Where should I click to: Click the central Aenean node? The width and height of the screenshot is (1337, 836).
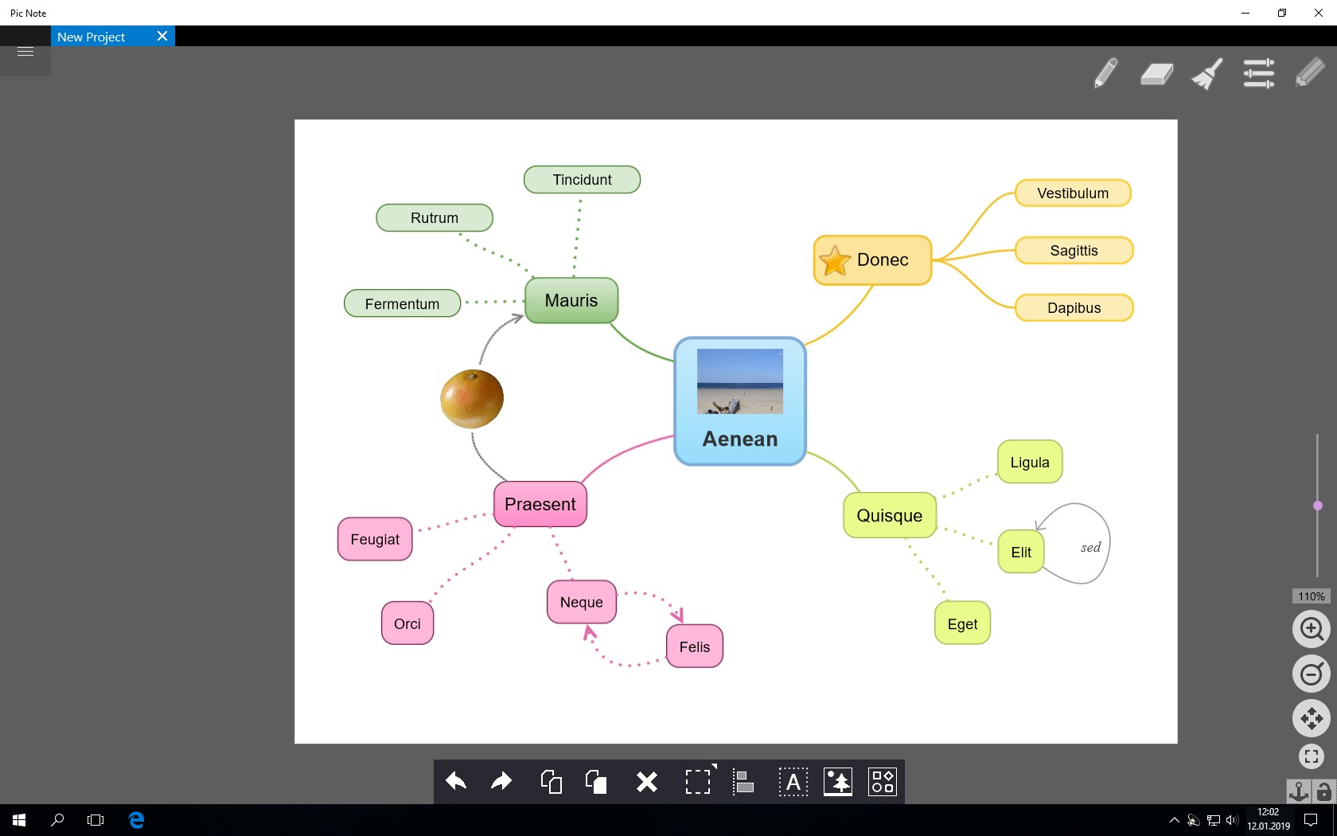[x=739, y=401]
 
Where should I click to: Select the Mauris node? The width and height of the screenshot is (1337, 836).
[x=571, y=300]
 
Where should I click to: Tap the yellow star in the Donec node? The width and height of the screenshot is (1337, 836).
[x=834, y=261]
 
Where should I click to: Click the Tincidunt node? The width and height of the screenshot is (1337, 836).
[x=582, y=180]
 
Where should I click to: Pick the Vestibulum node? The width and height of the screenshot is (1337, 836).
[x=1073, y=193]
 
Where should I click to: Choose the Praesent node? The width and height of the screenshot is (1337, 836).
[x=540, y=504]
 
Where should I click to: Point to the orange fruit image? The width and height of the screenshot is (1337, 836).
[x=471, y=398]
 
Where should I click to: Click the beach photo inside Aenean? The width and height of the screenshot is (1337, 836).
[x=740, y=381]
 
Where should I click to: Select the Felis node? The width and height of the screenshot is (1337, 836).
[x=694, y=647]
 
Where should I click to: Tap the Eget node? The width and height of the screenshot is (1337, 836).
[x=962, y=623]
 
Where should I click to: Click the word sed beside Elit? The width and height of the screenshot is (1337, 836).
[x=1090, y=547]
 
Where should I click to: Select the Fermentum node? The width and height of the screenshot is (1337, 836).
[x=403, y=303]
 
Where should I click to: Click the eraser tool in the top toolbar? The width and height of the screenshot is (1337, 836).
[x=1156, y=74]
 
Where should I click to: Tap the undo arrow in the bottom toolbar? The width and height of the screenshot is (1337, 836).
[x=456, y=781]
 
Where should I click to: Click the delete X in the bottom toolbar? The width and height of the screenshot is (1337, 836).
[x=646, y=782]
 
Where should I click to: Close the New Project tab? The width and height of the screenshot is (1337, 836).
[x=162, y=36]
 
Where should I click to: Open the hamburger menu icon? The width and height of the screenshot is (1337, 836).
[x=25, y=52]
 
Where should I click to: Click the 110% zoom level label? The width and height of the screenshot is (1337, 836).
[x=1311, y=596]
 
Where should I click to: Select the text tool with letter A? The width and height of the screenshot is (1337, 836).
[x=793, y=782]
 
